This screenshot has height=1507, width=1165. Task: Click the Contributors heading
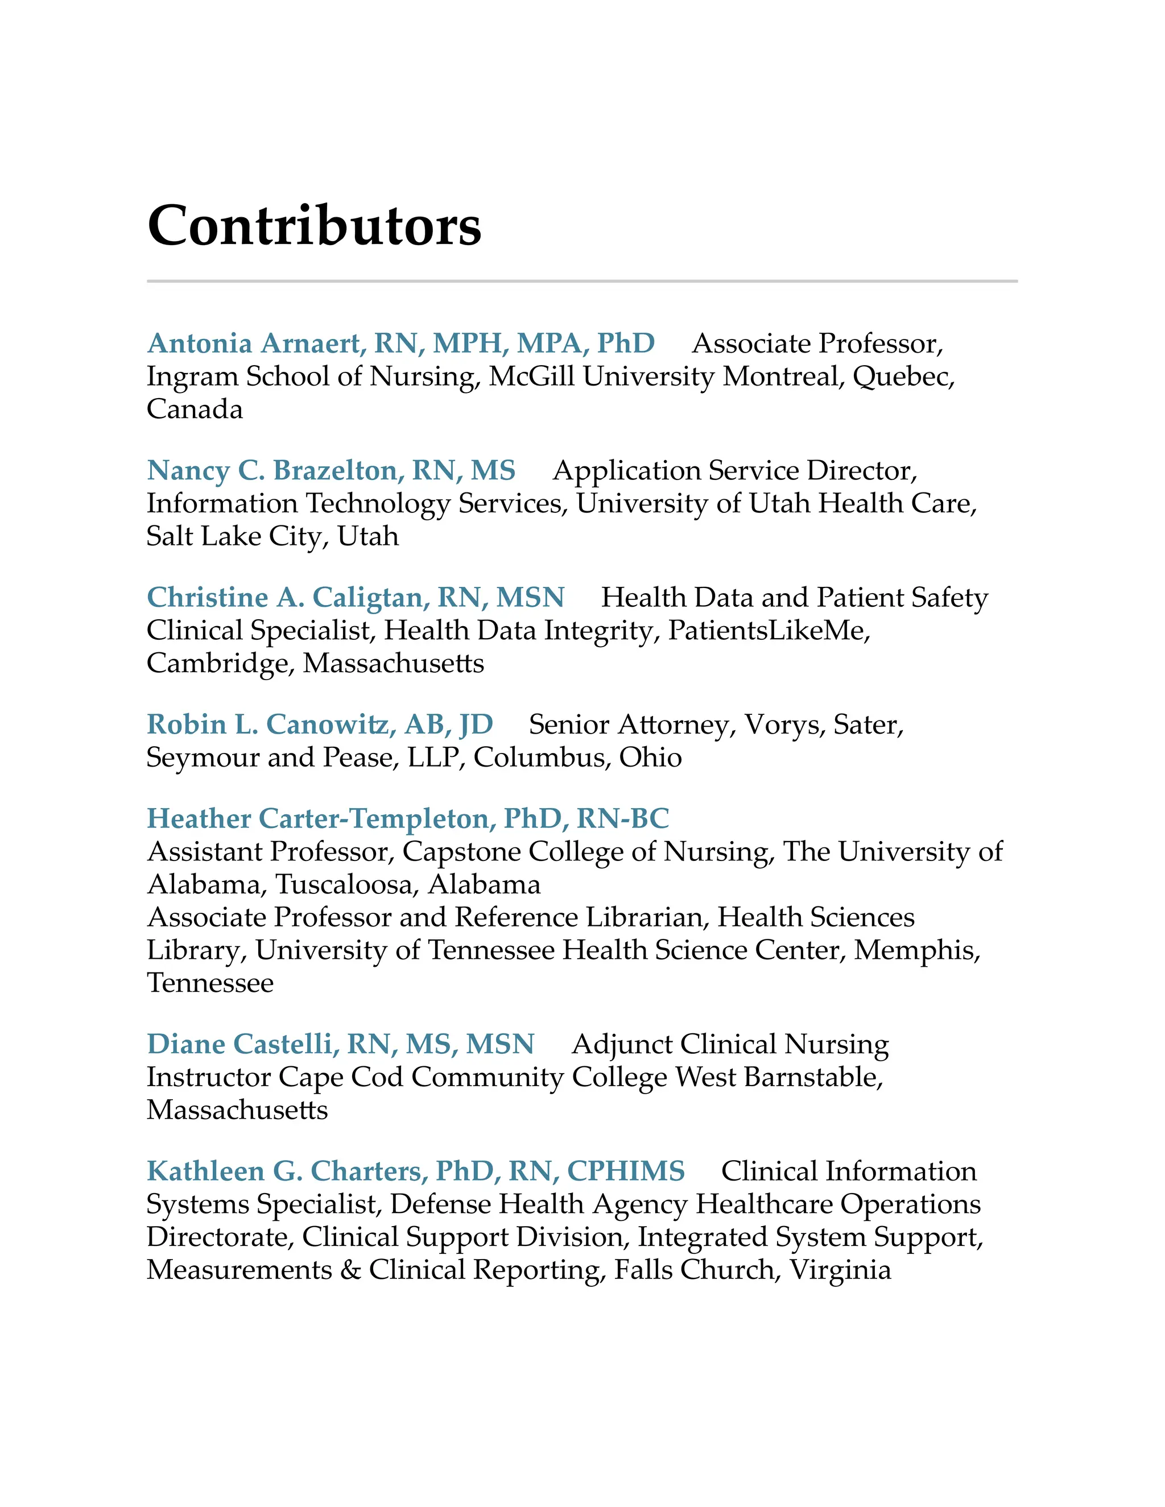pyautogui.click(x=314, y=226)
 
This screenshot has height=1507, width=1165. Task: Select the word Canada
pyautogui.click(x=195, y=409)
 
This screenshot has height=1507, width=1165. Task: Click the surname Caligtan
pyautogui.click(x=368, y=598)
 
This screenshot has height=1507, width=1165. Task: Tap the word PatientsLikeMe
pyautogui.click(x=766, y=631)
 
